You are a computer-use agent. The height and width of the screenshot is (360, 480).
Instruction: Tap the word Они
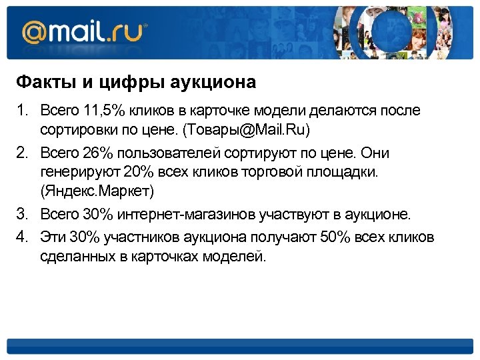[x=375, y=153]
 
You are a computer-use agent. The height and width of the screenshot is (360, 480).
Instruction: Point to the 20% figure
[x=139, y=173]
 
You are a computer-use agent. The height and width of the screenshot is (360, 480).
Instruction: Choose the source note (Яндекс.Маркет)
[x=97, y=192]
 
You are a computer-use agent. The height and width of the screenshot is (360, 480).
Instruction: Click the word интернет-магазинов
[x=191, y=215]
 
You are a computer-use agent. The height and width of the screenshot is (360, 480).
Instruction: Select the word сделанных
[x=74, y=255]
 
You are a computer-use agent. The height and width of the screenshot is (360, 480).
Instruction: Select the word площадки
[x=347, y=173]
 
